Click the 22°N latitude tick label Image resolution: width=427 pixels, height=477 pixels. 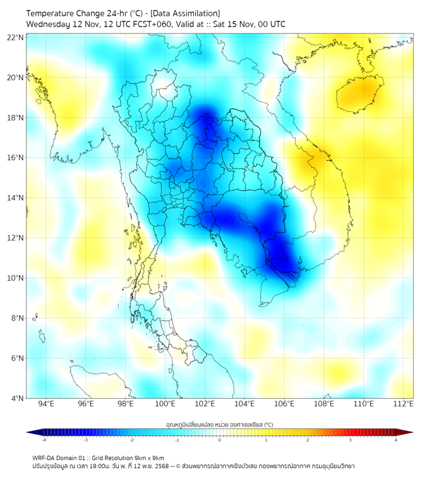pos(16,37)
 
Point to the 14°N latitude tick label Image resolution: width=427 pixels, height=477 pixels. pos(16,197)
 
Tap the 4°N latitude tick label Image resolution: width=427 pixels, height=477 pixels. pos(18,398)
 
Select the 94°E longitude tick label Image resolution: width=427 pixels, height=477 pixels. pos(46,404)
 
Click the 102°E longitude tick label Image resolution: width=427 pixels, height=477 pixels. pos(205,404)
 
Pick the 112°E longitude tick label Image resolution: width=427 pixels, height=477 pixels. pos(403,404)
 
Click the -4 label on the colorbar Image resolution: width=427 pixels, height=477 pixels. pos(43,440)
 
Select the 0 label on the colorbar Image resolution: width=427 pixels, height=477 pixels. pos(220,440)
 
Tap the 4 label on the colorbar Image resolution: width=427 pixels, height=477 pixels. pos(396,440)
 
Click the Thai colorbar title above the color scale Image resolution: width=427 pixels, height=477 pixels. pos(219,424)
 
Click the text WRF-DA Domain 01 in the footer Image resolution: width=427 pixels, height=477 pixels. pos(61,457)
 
